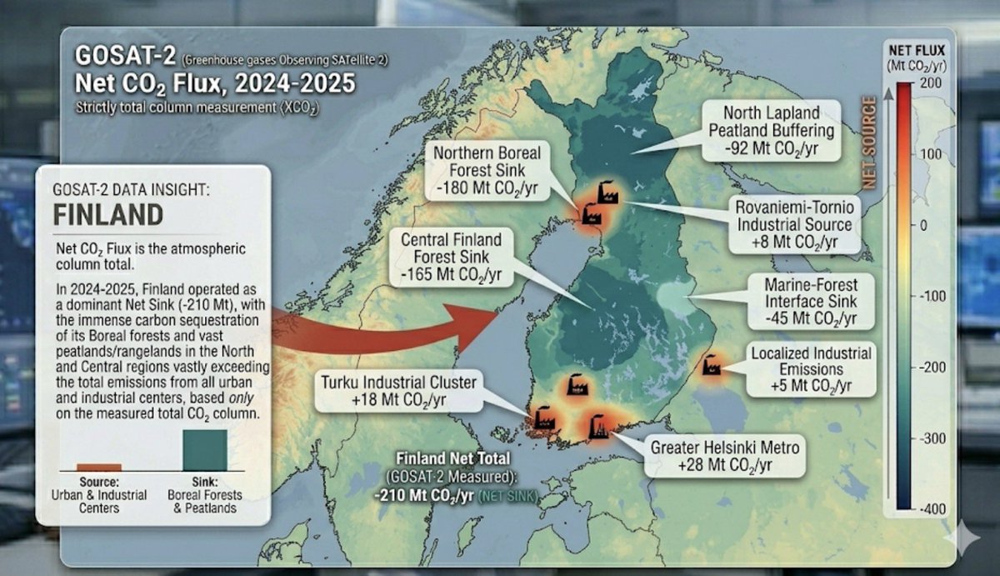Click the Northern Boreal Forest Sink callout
[487, 172]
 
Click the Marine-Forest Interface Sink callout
[809, 301]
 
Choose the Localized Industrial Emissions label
[810, 369]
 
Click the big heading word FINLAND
[107, 214]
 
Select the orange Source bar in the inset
[99, 468]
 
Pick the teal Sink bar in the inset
[204, 451]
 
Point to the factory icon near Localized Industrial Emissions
[711, 365]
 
